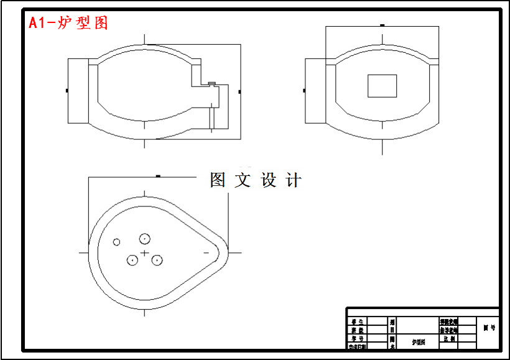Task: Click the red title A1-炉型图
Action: [x=68, y=23]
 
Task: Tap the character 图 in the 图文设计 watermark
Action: [x=218, y=180]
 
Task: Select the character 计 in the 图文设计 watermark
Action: [x=294, y=180]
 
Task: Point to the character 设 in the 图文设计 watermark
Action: [x=269, y=180]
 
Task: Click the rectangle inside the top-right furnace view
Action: [x=382, y=86]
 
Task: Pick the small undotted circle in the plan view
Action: [x=116, y=242]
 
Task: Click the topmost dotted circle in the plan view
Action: [x=145, y=238]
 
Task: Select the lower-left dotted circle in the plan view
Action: [x=132, y=260]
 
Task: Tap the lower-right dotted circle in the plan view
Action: [x=157, y=260]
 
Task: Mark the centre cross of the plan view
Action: [x=145, y=253]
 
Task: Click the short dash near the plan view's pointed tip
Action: [x=206, y=253]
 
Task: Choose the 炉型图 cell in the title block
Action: [x=419, y=342]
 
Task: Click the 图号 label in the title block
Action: [x=489, y=328]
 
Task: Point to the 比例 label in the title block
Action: [x=449, y=339]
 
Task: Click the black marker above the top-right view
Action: [x=382, y=25]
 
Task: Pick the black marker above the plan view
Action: [x=158, y=177]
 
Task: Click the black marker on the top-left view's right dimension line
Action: [x=240, y=91]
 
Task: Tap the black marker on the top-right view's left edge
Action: [x=305, y=91]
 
